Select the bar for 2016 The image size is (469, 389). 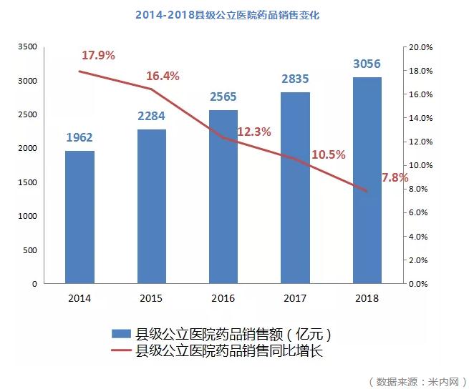pos(223,197)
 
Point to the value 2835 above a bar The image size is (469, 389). pos(295,79)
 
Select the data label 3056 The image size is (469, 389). pos(367,64)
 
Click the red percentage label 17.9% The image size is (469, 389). pos(98,56)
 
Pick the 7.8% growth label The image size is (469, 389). pos(395,177)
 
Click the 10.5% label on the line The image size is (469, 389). pos(329,154)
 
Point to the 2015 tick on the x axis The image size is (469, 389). pos(152,297)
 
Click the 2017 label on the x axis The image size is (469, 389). pos(295,297)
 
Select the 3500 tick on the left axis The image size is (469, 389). pos(26,47)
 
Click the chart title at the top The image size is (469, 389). pos(227,15)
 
